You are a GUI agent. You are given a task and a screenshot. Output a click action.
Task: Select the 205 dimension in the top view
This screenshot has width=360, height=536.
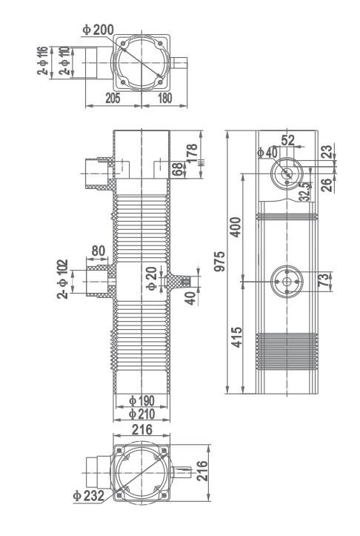point(113,96)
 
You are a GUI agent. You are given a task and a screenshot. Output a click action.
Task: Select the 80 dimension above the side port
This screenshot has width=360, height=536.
point(98,250)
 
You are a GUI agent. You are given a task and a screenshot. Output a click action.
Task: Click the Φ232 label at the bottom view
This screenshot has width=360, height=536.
point(88,495)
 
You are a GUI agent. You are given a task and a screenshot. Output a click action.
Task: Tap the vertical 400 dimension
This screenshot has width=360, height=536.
point(236,228)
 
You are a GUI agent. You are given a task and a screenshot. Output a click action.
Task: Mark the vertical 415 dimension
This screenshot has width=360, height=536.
point(236,337)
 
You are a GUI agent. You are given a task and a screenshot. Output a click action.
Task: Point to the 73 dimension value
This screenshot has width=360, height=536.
point(322,282)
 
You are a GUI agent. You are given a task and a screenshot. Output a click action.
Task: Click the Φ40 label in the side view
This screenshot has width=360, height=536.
point(265,152)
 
